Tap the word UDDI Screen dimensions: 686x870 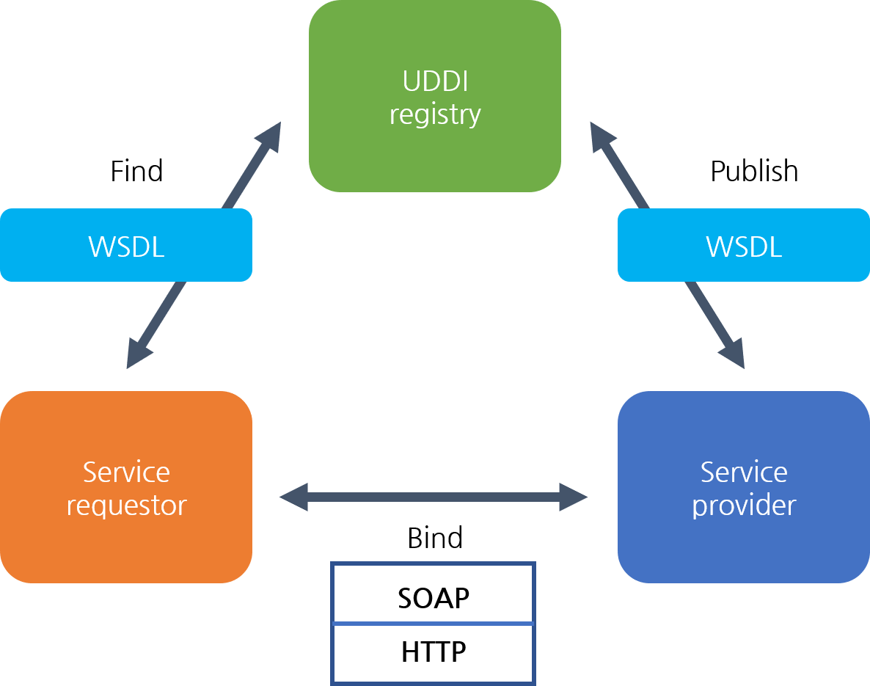(x=435, y=81)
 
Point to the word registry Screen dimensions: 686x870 (x=435, y=115)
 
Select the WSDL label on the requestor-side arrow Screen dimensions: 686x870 (x=126, y=247)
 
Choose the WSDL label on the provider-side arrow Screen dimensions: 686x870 (x=744, y=247)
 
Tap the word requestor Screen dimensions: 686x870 (x=126, y=506)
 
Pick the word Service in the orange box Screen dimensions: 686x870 (x=126, y=472)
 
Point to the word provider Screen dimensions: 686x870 (x=744, y=506)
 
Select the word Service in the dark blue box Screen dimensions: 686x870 (x=744, y=472)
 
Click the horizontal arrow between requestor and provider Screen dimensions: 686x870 (x=434, y=497)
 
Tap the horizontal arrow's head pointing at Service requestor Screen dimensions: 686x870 (x=293, y=497)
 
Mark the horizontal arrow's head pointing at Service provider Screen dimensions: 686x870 (x=574, y=497)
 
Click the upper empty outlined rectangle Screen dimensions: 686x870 (x=434, y=593)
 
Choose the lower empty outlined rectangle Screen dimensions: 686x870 (x=434, y=653)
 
